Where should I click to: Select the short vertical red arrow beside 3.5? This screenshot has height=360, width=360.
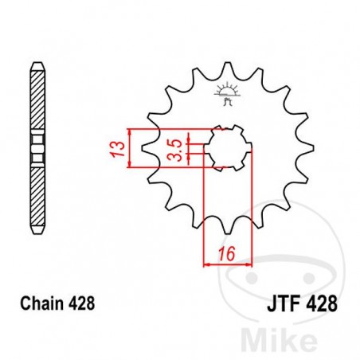coord(189,148)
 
